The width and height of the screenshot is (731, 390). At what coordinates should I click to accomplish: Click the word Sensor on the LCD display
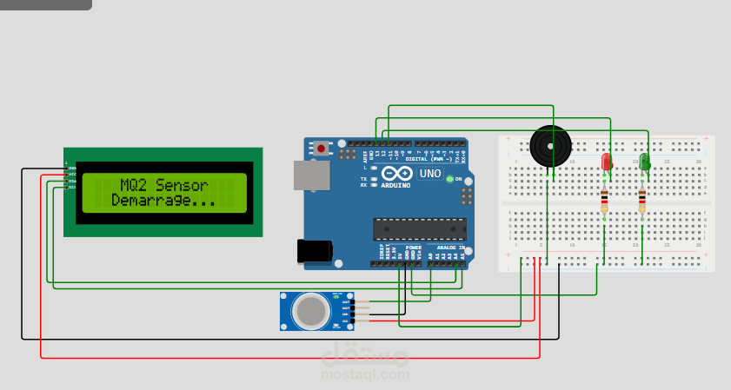[183, 185]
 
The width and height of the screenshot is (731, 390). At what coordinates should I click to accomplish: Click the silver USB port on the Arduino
[311, 175]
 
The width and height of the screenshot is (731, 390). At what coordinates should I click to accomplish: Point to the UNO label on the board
[430, 174]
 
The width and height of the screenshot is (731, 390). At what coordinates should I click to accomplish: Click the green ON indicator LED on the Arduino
[449, 179]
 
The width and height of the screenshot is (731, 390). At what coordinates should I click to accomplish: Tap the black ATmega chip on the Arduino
[419, 228]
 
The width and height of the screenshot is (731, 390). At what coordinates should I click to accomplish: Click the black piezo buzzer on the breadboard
[550, 146]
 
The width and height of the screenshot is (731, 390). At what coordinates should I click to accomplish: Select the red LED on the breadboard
[607, 162]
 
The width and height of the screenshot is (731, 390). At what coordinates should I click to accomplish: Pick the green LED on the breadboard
[644, 162]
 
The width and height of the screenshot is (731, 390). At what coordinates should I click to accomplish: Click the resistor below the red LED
[604, 202]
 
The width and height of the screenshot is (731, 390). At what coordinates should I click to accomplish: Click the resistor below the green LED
[641, 202]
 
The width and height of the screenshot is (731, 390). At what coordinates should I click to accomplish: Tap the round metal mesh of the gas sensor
[310, 311]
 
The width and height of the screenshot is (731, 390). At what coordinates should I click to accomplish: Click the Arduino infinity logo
[396, 174]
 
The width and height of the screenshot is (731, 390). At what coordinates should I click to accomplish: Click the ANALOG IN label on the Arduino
[449, 248]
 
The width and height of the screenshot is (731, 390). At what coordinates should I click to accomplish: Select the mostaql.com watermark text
[365, 374]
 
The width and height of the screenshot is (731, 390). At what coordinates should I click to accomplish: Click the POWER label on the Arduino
[413, 248]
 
